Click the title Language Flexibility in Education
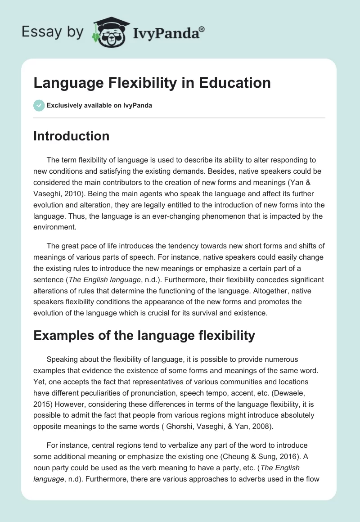152,83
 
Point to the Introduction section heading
71,136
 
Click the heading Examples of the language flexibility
144,335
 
